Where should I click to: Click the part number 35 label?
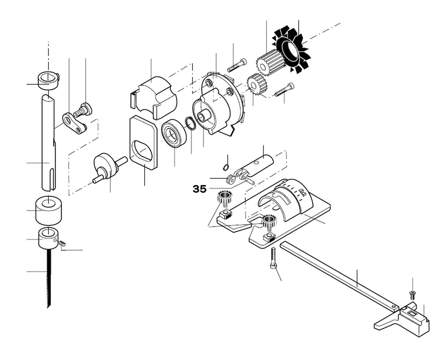coord(199,189)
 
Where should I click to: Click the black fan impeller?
coord(291,50)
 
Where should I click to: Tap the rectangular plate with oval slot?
coord(143,143)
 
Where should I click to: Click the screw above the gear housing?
coord(237,65)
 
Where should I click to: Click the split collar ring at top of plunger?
coord(48,81)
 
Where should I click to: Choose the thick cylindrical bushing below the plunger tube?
coord(49,210)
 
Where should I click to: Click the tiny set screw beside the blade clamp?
coord(62,243)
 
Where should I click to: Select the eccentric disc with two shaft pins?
coord(107,167)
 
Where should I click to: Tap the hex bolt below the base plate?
coord(274,258)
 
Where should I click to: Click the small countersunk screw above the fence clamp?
coord(412,295)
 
